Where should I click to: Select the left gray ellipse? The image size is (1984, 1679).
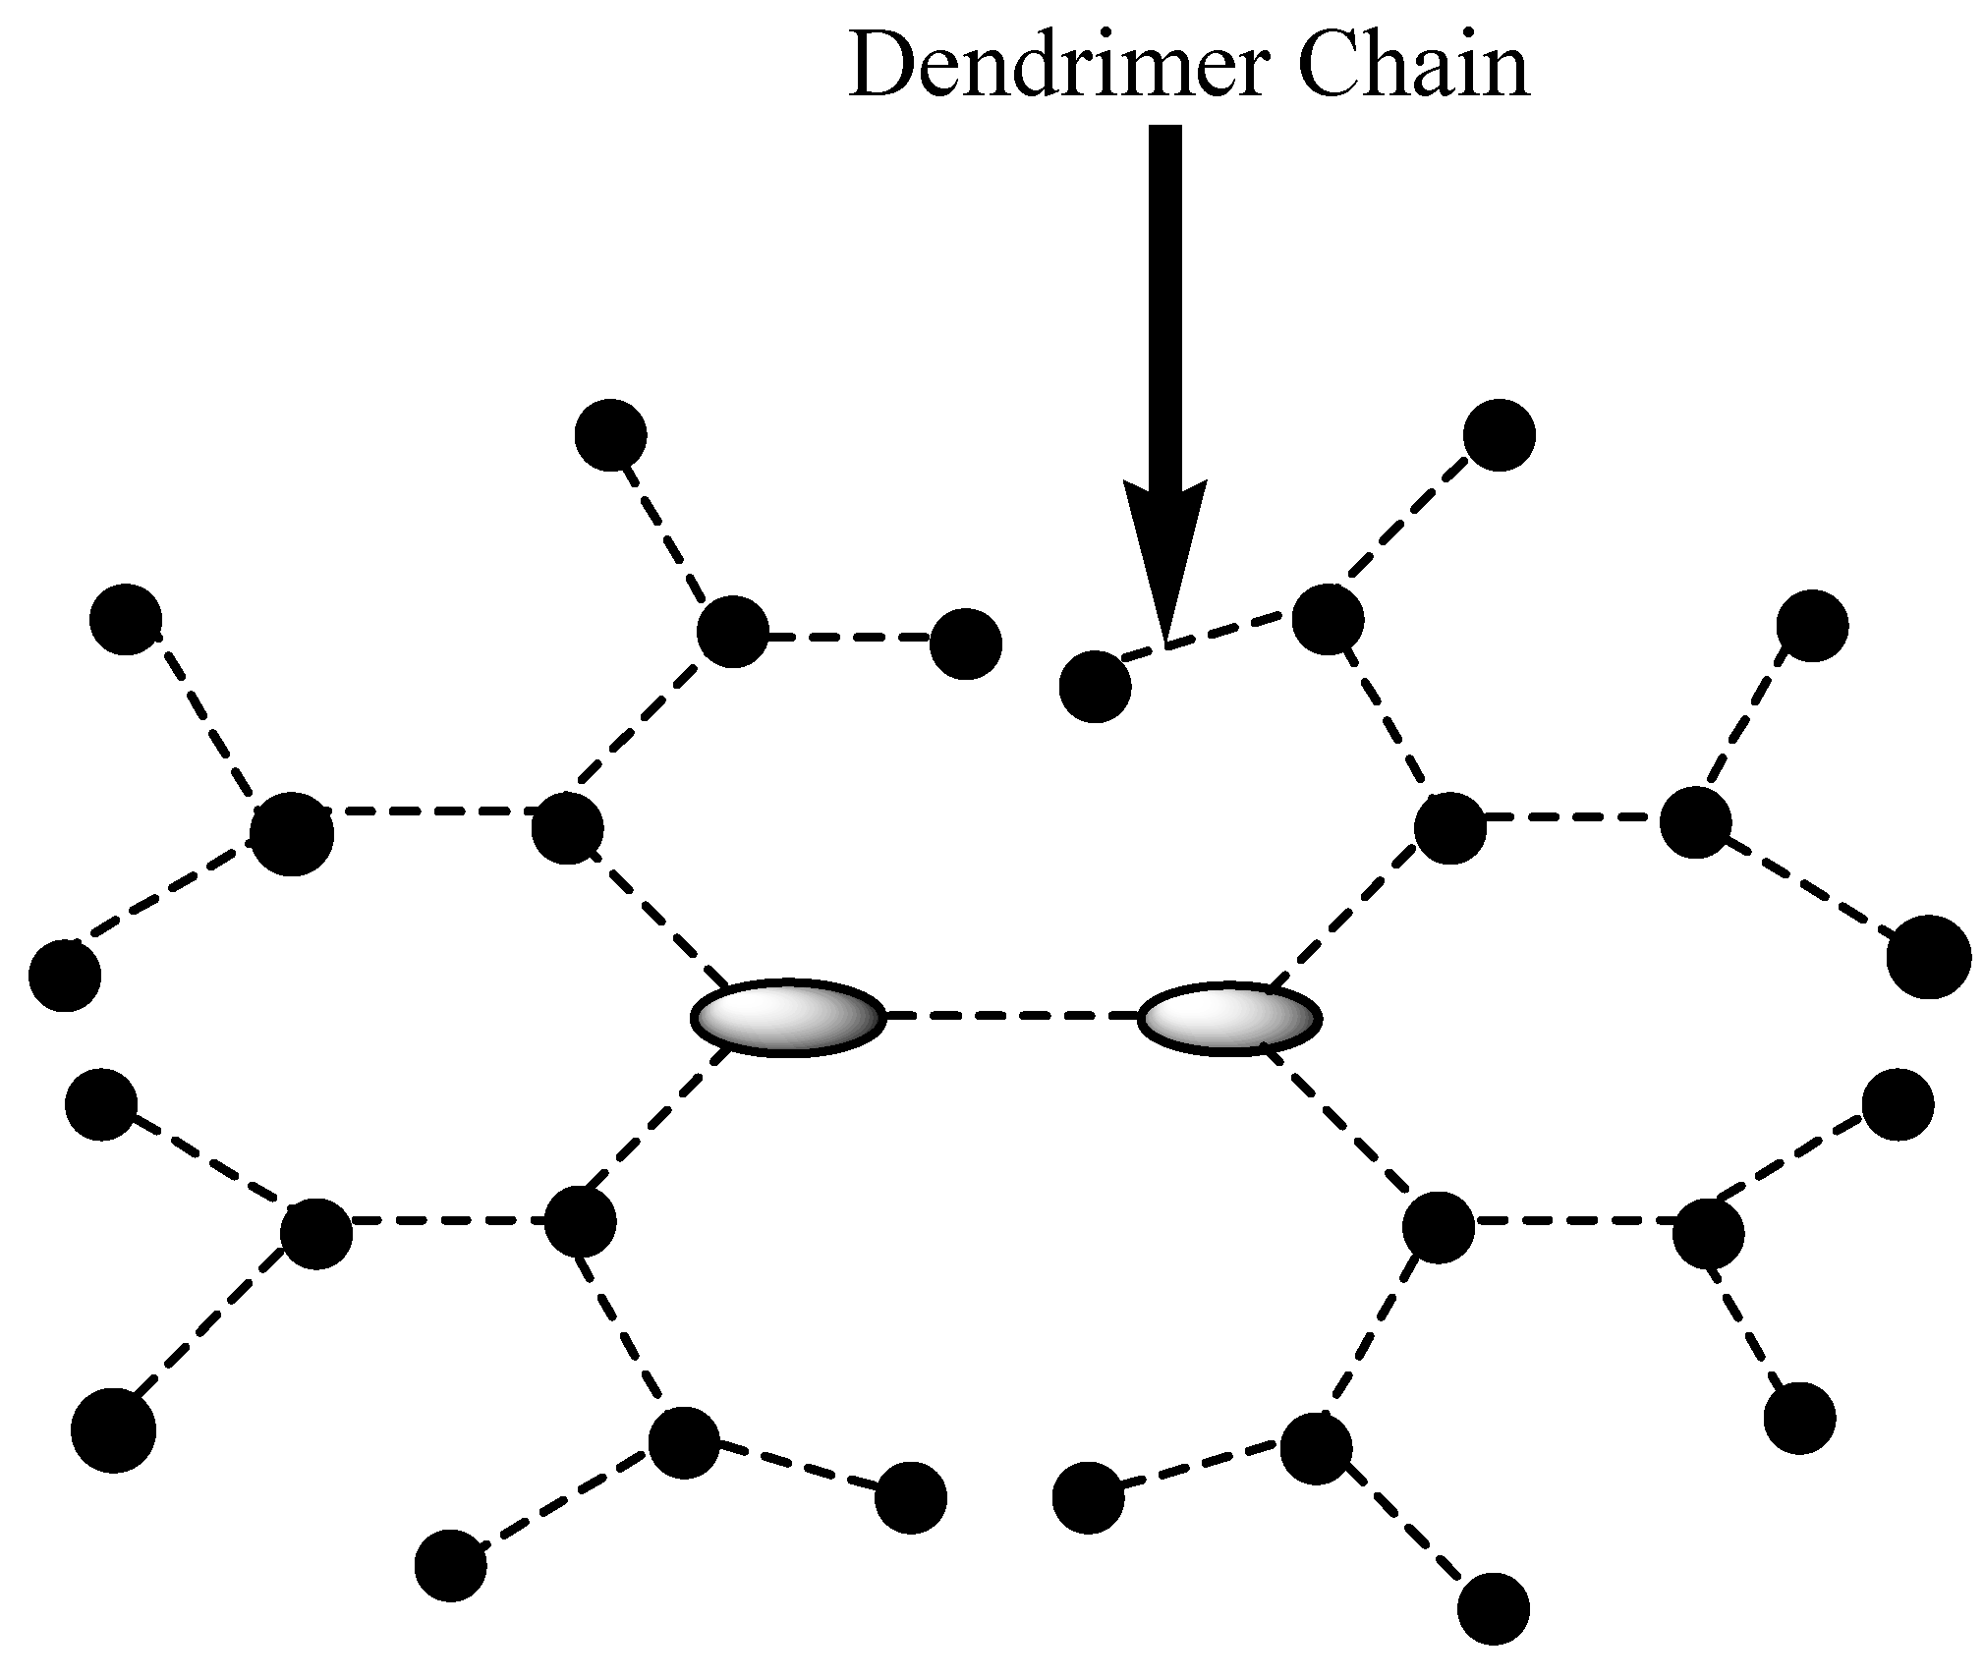coord(789,1018)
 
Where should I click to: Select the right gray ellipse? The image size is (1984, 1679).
coord(1228,1019)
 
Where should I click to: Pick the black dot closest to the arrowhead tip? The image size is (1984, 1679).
coord(1096,687)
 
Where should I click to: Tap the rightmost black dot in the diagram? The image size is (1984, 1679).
coord(1929,957)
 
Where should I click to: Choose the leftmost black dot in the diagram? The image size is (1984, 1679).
coord(65,976)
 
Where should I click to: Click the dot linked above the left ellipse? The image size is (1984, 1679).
coord(567,828)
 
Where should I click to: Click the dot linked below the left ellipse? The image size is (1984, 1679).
coord(580,1221)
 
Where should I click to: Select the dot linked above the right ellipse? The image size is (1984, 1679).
coord(1450,828)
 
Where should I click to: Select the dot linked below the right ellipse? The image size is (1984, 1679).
coord(1439,1227)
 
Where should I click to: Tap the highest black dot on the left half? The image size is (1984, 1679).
coord(610,435)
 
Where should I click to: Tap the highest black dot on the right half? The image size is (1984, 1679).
coord(1499,434)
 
